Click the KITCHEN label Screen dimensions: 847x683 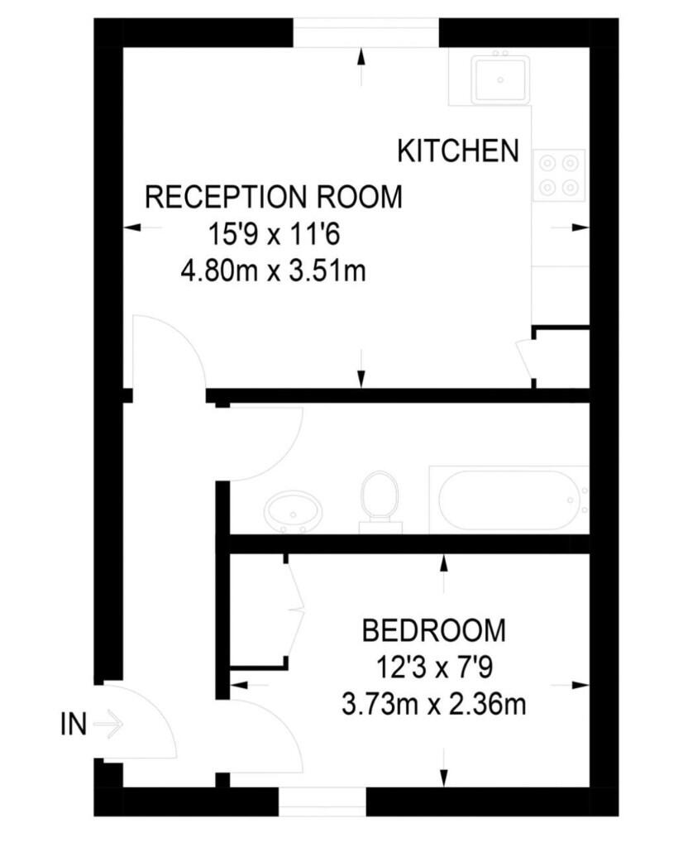click(458, 151)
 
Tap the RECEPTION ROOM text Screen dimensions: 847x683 click(274, 198)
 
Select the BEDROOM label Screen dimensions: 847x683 click(434, 630)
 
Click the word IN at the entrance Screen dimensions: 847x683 click(74, 725)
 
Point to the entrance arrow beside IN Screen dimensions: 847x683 click(108, 725)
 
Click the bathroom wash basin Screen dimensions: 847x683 click(290, 513)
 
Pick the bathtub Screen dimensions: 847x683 click(509, 499)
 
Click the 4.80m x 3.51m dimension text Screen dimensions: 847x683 click(274, 270)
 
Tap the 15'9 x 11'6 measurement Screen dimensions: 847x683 click(274, 235)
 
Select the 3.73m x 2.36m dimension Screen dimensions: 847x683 click(434, 705)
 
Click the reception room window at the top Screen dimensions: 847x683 click(365, 33)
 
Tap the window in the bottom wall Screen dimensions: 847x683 click(322, 801)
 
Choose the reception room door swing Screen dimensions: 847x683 click(170, 352)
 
